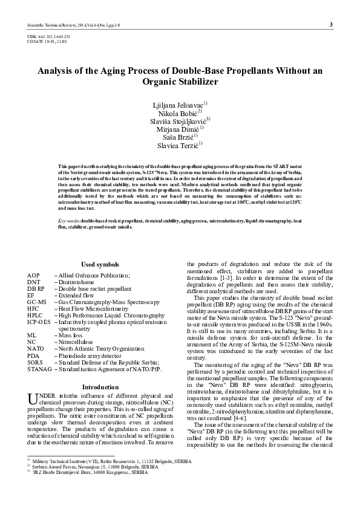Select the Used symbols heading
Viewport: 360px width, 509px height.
tap(100, 265)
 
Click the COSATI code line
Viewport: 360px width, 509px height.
tap(47, 41)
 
